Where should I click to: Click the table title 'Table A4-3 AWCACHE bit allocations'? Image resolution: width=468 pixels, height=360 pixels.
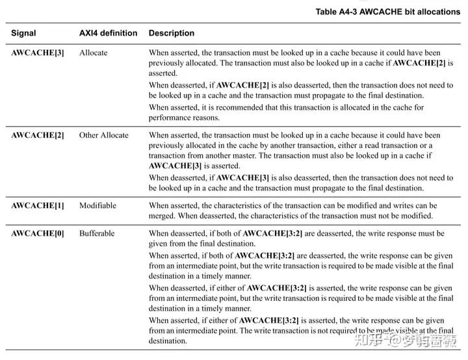tap(387, 12)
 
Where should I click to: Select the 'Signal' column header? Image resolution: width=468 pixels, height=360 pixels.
tap(23, 33)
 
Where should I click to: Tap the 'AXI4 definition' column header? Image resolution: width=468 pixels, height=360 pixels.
tap(108, 33)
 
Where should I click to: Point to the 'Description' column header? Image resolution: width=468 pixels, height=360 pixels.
tap(172, 33)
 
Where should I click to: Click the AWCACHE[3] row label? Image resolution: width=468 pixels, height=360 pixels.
tap(38, 52)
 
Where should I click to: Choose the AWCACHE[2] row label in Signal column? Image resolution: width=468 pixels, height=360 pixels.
tap(38, 135)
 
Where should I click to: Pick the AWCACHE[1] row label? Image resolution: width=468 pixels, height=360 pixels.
tap(38, 205)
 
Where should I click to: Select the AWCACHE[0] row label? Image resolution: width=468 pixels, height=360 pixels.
tap(38, 233)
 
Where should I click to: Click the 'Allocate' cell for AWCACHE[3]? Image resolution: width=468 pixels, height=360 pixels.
tap(94, 52)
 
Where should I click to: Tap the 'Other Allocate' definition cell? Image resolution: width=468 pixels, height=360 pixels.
tap(104, 135)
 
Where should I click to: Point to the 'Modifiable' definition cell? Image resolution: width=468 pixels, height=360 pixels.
tap(97, 205)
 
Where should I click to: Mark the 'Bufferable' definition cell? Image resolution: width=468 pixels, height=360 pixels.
tap(97, 233)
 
